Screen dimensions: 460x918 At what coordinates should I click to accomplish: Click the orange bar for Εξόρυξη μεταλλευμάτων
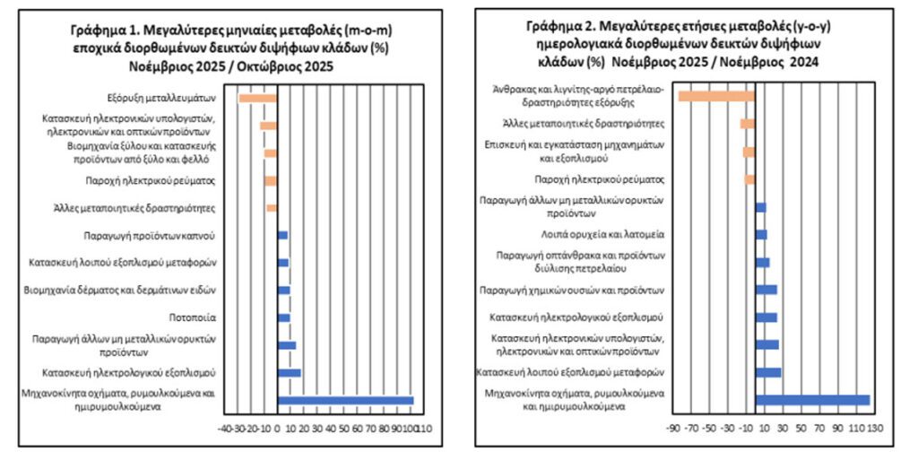[x=257, y=98]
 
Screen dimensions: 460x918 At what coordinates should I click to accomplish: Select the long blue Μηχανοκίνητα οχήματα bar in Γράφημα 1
[x=345, y=401]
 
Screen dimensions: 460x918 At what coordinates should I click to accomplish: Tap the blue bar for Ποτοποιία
[x=283, y=318]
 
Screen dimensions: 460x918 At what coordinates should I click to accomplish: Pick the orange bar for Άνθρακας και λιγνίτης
[x=716, y=96]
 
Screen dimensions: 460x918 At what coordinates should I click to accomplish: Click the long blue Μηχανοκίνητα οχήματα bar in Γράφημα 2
[x=812, y=400]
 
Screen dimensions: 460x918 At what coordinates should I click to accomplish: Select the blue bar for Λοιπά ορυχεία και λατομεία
[x=761, y=234]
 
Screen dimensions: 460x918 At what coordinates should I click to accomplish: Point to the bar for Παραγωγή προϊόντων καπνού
[x=282, y=235]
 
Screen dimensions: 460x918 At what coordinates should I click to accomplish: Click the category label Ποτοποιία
[x=190, y=318]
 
